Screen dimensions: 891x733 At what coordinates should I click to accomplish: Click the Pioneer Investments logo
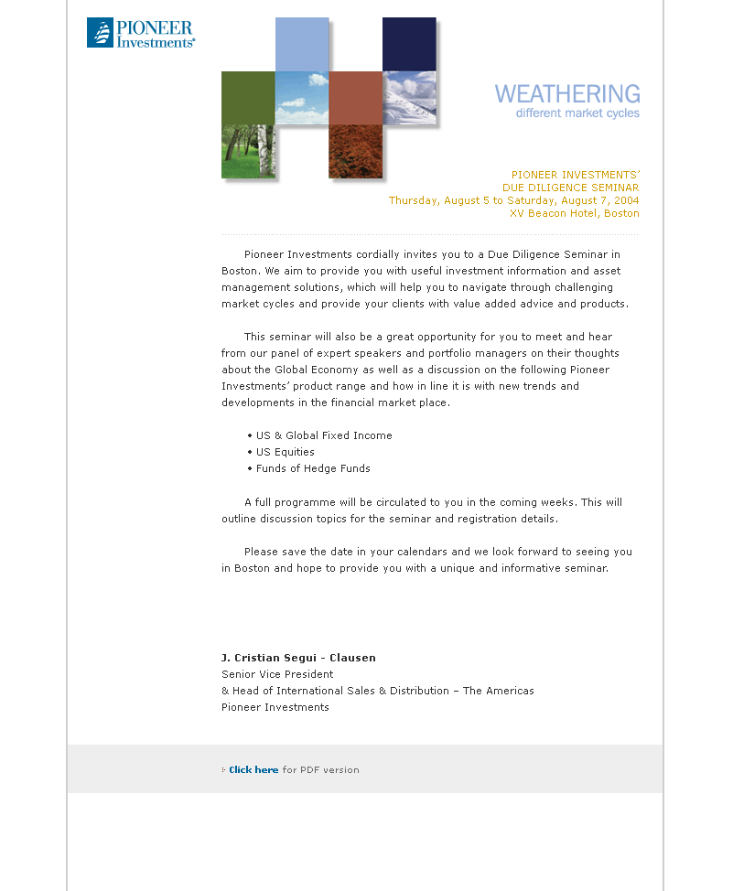coord(141,32)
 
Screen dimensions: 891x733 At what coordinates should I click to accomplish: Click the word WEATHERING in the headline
coord(567,93)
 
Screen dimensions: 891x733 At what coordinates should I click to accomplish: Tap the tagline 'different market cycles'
coord(577,113)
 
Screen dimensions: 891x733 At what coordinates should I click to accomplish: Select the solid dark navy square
coord(409,44)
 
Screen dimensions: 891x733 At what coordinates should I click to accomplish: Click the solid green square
coord(248,98)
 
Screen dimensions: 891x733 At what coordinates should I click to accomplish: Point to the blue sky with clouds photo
coord(302,98)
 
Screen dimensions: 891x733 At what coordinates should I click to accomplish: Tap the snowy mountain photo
coord(409,98)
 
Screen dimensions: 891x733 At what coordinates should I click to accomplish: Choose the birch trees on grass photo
coord(248,151)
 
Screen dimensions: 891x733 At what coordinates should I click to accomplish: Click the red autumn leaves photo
coord(355,151)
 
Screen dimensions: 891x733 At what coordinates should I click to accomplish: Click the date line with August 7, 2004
coord(513,200)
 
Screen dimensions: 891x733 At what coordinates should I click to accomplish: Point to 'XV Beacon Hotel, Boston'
coord(574,213)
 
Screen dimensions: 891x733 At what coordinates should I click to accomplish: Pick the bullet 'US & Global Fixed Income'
coord(324,435)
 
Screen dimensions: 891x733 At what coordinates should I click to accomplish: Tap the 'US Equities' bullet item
coord(285,452)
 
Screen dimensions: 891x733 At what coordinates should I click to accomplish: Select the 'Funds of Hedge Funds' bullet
coord(313,468)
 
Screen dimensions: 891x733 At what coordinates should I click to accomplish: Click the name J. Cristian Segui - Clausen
coord(298,658)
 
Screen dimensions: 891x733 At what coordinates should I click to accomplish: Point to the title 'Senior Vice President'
coord(276,674)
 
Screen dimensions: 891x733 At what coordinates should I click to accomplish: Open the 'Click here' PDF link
coord(253,770)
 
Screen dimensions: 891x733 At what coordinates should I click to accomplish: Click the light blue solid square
coord(302,44)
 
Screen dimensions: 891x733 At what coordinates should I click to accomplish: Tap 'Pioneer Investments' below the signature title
coord(275,707)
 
